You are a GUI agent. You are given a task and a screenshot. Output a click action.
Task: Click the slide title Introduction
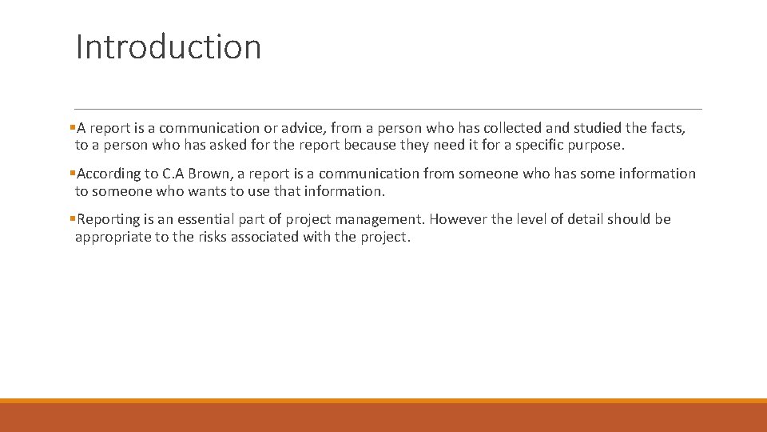click(x=169, y=46)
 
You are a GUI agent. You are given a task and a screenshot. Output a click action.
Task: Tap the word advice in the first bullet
click(x=302, y=128)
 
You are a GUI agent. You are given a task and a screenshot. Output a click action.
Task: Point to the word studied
click(x=599, y=128)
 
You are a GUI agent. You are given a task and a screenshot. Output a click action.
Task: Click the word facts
click(x=668, y=128)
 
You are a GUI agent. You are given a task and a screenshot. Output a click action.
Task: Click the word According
click(x=108, y=174)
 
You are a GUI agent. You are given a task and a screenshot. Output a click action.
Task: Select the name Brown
click(x=210, y=174)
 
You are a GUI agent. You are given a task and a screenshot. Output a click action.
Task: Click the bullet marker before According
click(x=73, y=174)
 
